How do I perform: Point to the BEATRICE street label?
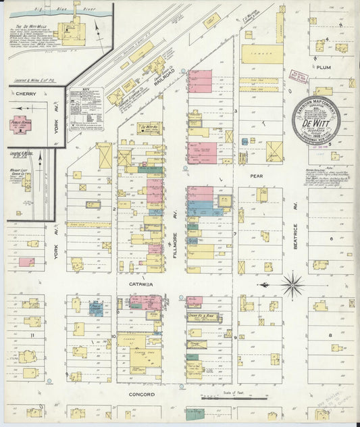click(x=295, y=234)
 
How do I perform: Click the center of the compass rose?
click(x=292, y=284)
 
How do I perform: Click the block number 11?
click(x=31, y=334)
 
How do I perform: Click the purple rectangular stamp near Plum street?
click(x=298, y=77)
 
